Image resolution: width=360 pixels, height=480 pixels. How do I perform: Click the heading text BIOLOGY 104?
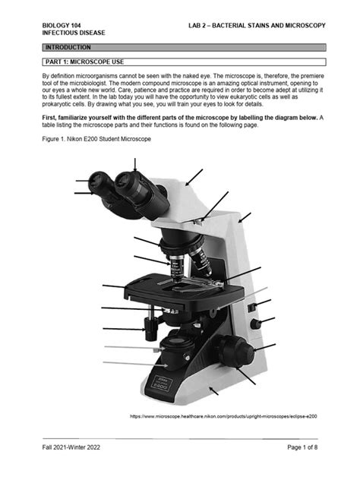[x=63, y=26]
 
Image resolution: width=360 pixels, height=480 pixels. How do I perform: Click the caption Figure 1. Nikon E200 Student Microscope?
[x=96, y=140]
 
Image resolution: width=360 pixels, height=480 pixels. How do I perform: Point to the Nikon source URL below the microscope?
[x=223, y=416]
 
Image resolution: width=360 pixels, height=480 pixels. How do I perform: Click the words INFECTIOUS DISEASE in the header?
[x=74, y=34]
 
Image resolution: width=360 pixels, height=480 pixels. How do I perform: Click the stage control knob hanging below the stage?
[x=150, y=328]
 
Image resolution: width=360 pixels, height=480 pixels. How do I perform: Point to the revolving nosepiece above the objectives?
[x=182, y=244]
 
